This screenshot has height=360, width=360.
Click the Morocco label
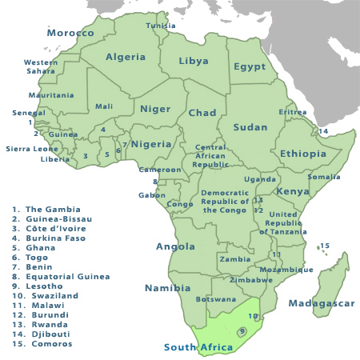[70, 34]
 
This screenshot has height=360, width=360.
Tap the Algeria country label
[126, 57]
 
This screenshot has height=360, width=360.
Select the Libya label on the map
[194, 61]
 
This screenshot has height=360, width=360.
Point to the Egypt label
[250, 67]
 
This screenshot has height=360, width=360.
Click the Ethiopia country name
[303, 154]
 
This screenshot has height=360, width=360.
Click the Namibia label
[167, 288]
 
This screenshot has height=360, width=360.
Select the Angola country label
[175, 246]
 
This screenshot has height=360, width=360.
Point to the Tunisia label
[161, 26]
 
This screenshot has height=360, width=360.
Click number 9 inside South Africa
[241, 331]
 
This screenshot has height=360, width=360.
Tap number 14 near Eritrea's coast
[324, 131]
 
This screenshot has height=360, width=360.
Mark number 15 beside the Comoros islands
[325, 246]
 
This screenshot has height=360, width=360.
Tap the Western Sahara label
[41, 66]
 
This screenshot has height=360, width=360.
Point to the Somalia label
[324, 177]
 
